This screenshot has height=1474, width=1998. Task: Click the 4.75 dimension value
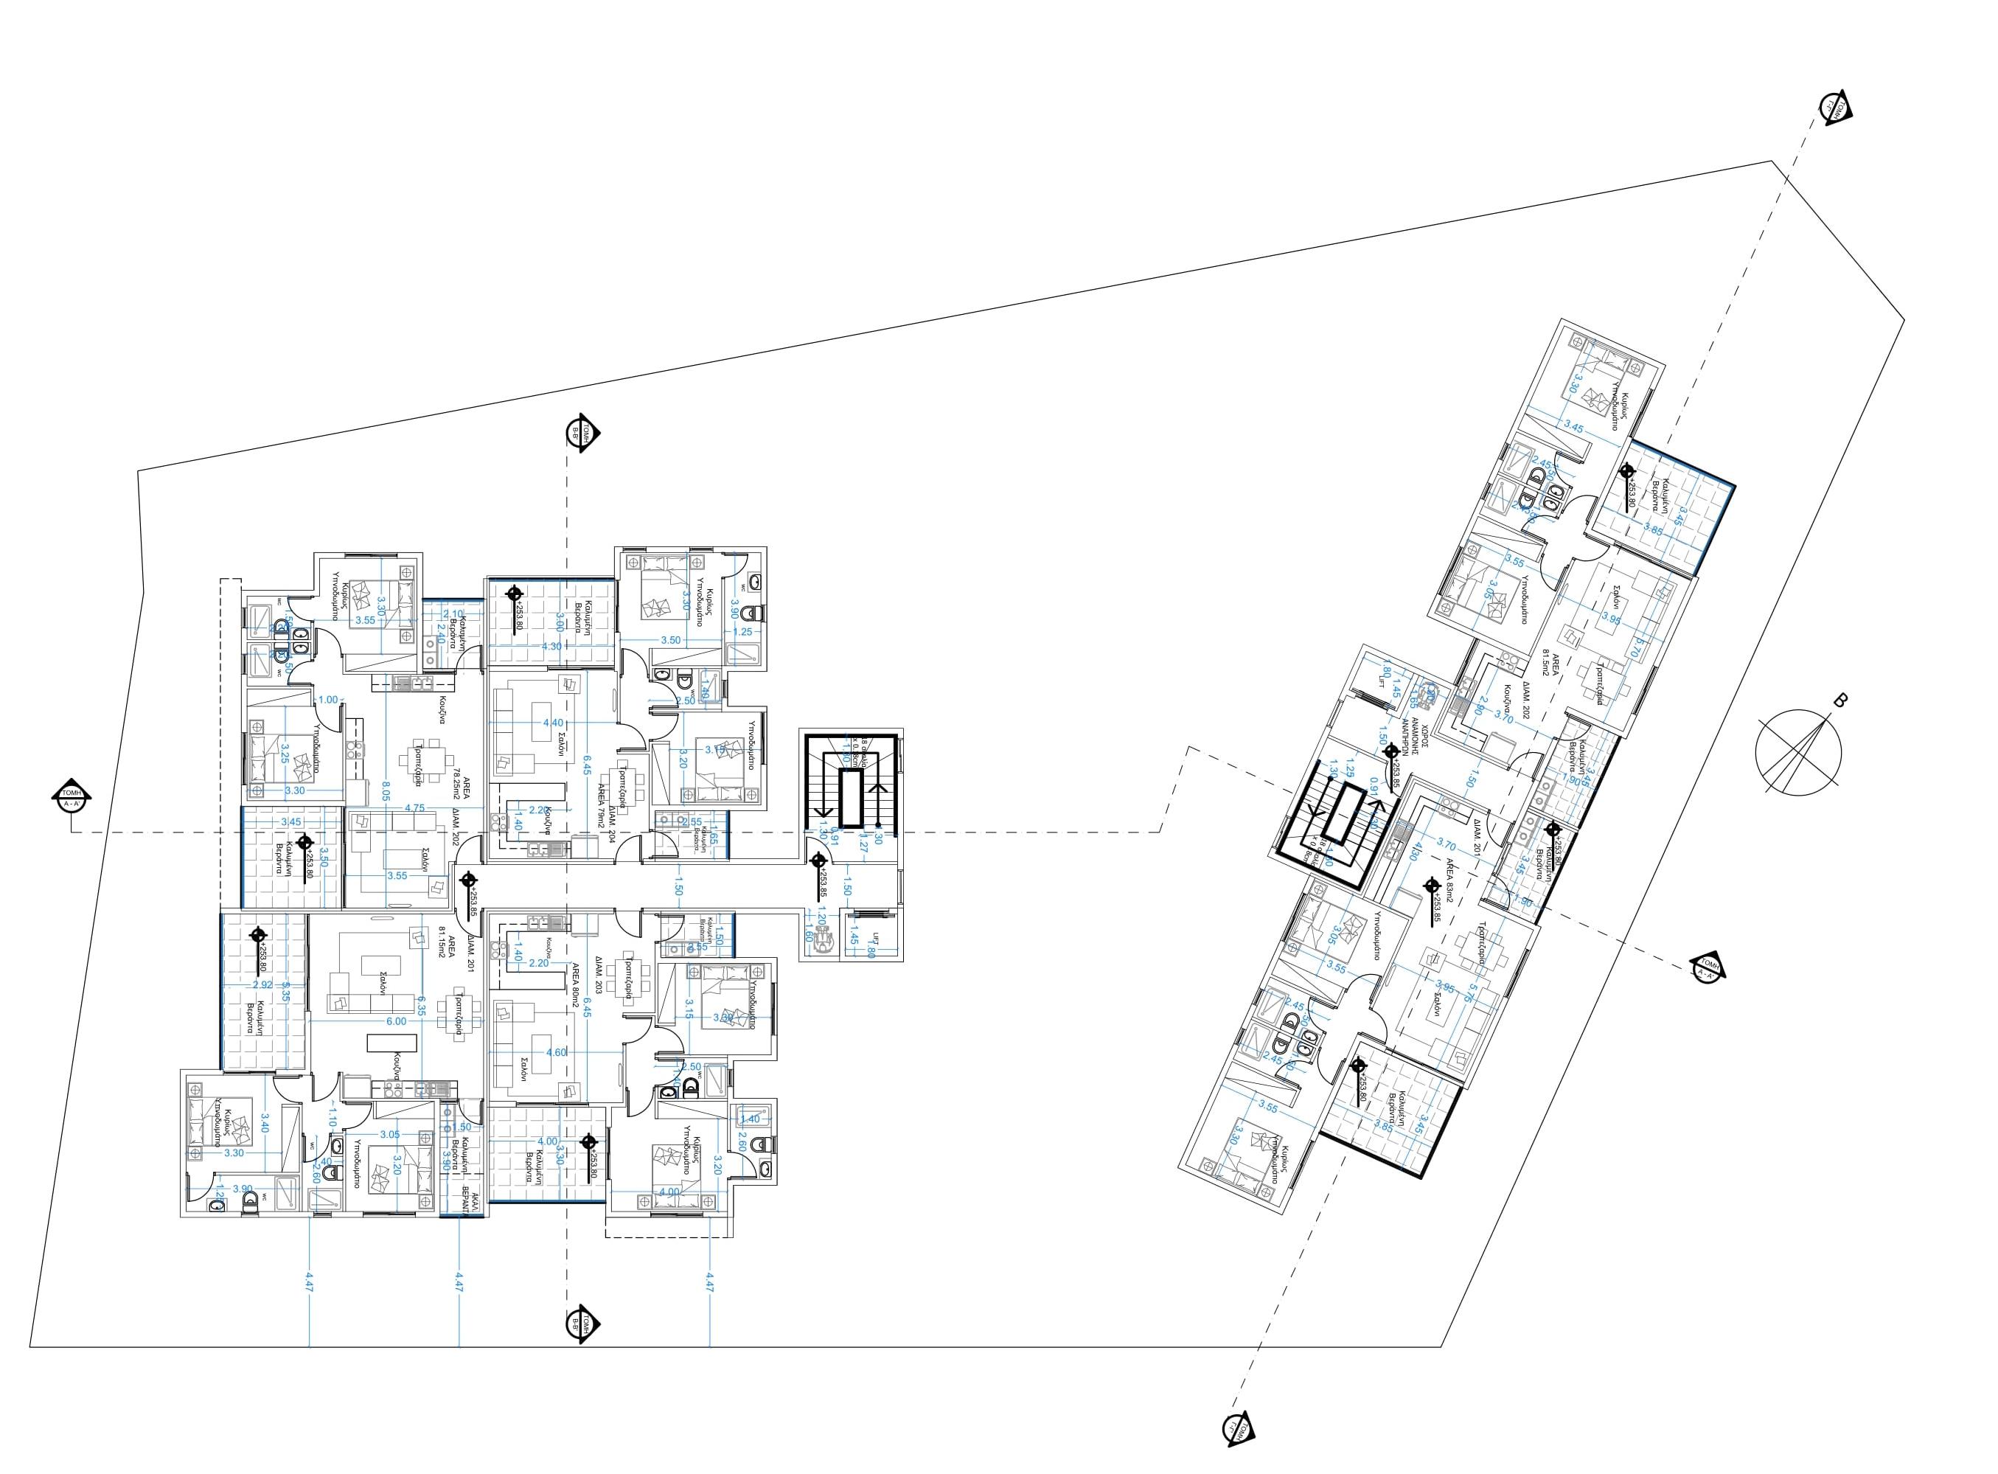[414, 807]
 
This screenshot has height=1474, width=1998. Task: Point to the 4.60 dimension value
[555, 1052]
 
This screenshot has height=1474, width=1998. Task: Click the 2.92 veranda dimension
[262, 985]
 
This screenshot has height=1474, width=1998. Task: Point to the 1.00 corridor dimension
[328, 700]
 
